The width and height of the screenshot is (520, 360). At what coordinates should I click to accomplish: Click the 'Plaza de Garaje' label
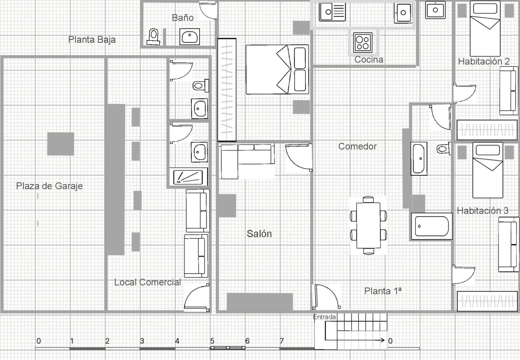(x=49, y=186)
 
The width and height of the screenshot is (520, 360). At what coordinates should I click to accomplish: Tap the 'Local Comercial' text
(x=147, y=282)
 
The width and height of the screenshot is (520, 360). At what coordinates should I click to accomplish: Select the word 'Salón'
(x=259, y=233)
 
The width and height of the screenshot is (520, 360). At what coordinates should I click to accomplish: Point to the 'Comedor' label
(x=357, y=146)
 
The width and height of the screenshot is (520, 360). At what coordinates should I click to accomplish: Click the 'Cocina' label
(x=369, y=60)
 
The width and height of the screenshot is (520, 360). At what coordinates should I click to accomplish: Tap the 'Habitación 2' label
(x=484, y=61)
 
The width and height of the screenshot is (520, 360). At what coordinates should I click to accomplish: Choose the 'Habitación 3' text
(x=483, y=211)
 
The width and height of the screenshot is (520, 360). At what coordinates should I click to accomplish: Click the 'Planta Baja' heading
(x=92, y=40)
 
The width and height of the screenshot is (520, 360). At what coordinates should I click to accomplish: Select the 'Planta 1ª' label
(x=383, y=291)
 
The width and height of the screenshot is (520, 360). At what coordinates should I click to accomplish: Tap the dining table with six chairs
(x=368, y=225)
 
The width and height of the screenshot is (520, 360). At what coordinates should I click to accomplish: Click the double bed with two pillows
(x=277, y=70)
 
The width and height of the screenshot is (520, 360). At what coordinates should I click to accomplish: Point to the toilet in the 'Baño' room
(x=153, y=36)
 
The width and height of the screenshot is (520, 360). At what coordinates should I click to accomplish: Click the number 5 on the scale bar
(x=212, y=341)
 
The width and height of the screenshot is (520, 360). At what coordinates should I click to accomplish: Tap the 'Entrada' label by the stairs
(x=324, y=317)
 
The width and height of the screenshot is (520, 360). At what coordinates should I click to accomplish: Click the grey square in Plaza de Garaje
(x=60, y=144)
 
